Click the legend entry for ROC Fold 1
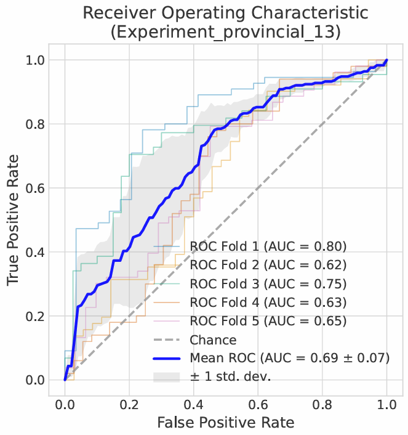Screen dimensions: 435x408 (268, 247)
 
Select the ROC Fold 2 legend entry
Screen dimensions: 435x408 (268, 266)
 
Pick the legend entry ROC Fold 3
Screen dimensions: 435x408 (268, 284)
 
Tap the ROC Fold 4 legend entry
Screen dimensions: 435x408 (268, 303)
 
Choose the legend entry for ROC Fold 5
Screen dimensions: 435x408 (268, 321)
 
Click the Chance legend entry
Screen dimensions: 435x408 (213, 339)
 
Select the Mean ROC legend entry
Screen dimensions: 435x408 (289, 358)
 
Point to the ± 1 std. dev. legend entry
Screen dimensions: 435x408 (230, 376)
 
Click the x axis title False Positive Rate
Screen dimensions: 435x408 (225, 423)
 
